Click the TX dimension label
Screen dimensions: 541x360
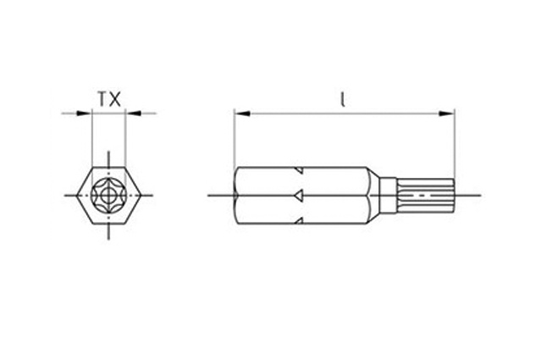tap(109, 99)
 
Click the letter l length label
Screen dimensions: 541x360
tap(342, 99)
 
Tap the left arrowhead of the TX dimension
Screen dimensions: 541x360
tap(84, 114)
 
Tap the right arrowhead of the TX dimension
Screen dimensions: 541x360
tap(133, 114)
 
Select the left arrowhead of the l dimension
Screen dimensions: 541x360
tap(242, 114)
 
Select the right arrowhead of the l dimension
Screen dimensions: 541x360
tap(446, 114)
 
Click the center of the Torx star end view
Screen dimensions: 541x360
tap(108, 196)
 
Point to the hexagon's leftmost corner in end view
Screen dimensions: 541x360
tap(76, 196)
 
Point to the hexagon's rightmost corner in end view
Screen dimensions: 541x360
tap(141, 196)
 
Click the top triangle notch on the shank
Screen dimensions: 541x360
tap(300, 170)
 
